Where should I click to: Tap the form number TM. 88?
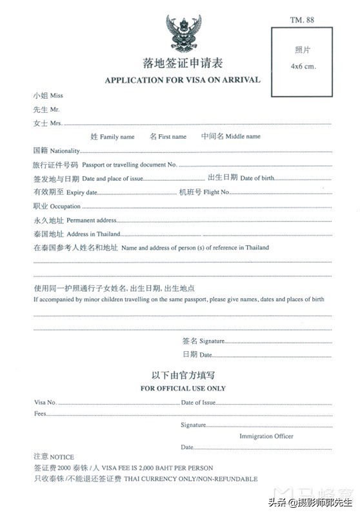[x=302, y=21]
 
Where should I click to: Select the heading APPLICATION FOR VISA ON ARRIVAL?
[x=182, y=80]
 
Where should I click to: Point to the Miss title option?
[x=48, y=96]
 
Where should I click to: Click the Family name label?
[x=113, y=137]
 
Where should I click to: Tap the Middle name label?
[x=231, y=137]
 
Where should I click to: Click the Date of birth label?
[x=251, y=178]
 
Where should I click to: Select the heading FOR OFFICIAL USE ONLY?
[x=183, y=389]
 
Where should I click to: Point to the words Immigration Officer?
[x=266, y=436]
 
